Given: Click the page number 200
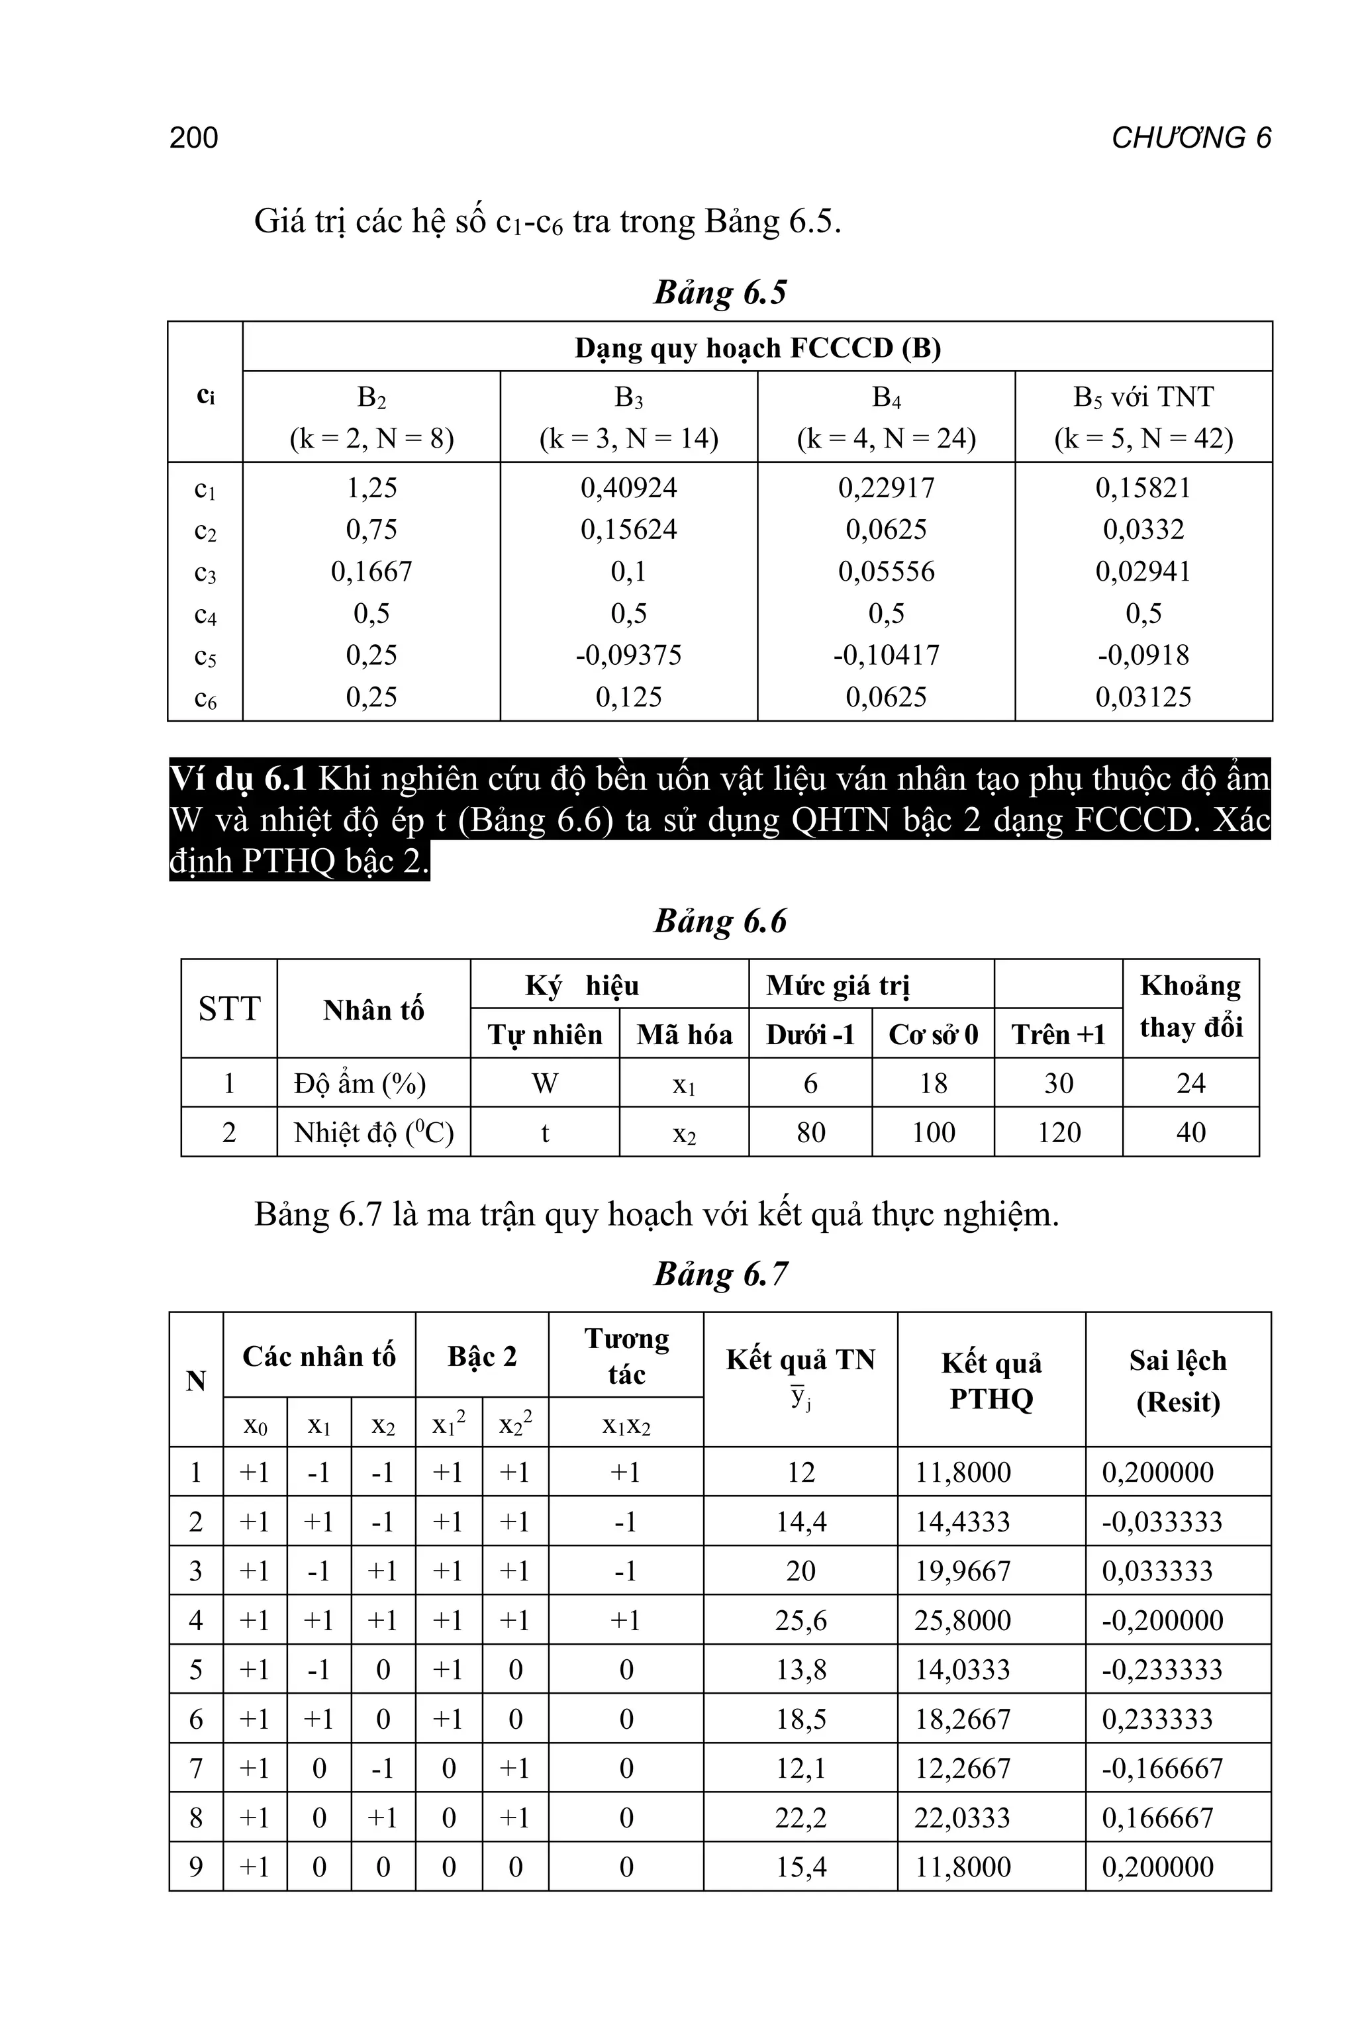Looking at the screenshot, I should tap(194, 138).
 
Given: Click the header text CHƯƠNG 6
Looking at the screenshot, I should tap(1191, 138).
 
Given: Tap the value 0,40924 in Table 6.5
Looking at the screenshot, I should tap(629, 488).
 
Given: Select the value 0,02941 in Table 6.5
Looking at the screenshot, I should tap(1143, 571).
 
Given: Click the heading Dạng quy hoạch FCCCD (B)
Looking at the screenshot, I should tap(757, 348).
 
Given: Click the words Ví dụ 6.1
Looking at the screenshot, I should tap(238, 779).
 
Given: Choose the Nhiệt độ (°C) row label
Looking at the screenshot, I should tap(373, 1132).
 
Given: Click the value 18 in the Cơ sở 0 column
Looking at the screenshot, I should tap(932, 1084).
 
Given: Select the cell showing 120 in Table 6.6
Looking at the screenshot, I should tap(1059, 1132).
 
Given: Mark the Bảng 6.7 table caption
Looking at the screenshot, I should tap(720, 1275).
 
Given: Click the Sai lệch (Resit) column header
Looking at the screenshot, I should tap(1177, 1380).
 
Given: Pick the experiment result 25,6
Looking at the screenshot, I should tap(800, 1621).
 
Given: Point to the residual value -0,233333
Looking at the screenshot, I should tap(1161, 1670).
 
